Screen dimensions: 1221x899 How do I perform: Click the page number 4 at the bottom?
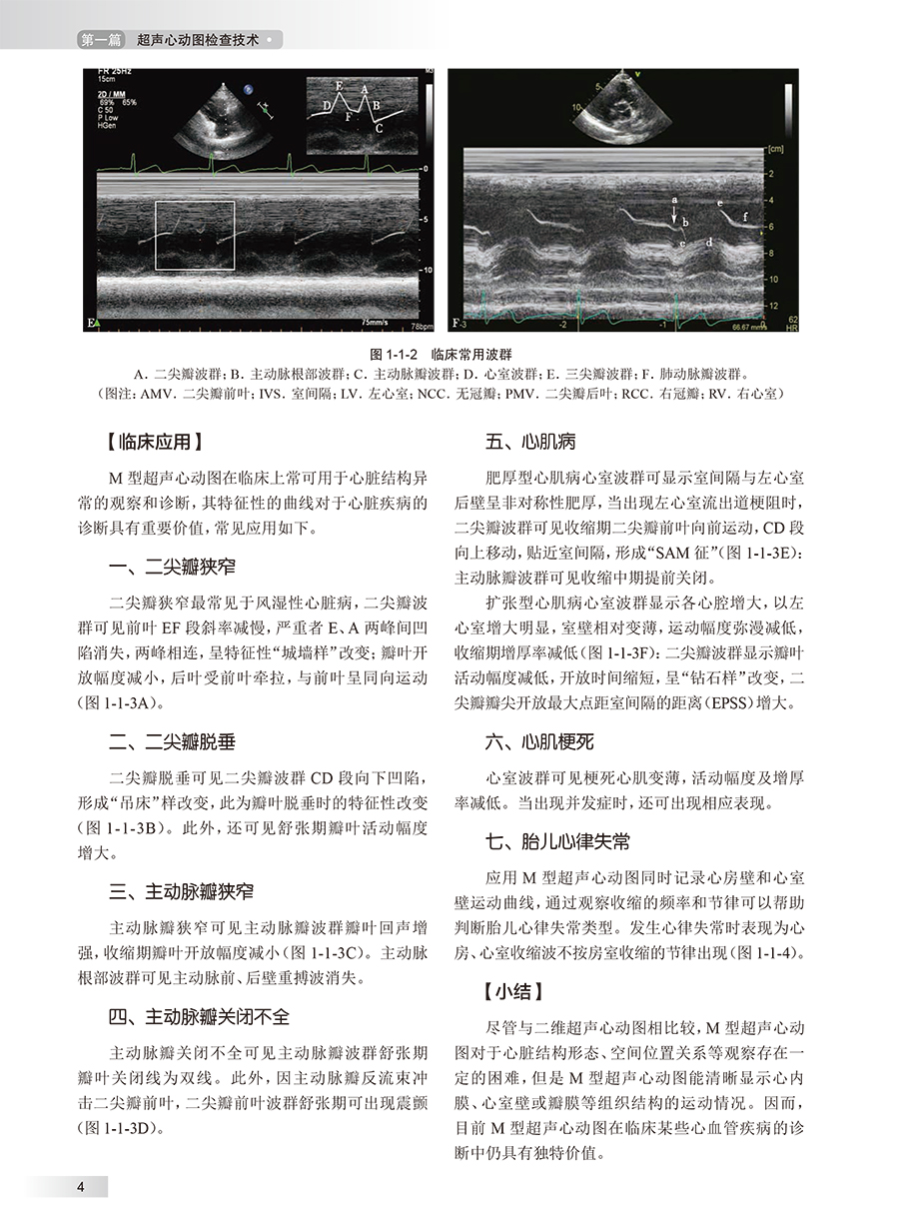point(79,1186)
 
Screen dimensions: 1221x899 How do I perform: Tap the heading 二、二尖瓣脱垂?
point(173,742)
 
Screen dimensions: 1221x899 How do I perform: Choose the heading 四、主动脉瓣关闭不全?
point(200,1017)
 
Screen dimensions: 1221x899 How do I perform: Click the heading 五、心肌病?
point(530,441)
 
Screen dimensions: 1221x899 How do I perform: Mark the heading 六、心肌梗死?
point(539,741)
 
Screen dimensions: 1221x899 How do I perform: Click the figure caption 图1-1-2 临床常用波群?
point(449,354)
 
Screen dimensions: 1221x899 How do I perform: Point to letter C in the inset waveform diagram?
point(380,129)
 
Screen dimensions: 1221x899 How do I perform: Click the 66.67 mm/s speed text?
point(738,325)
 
